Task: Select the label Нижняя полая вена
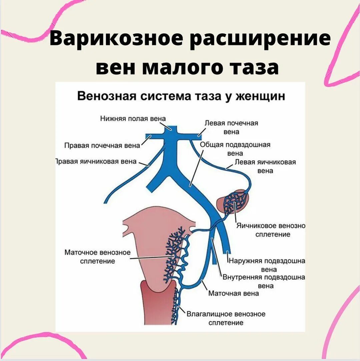coord(133,118)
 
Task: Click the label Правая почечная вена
coord(102,145)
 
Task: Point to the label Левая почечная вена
coord(231,127)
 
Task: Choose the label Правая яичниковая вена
coord(96,161)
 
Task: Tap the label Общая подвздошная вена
coord(235,149)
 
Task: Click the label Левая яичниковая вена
coord(265,166)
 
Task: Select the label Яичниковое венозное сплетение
coord(271,230)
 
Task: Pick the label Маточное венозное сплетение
coord(98,257)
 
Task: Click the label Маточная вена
coord(233,294)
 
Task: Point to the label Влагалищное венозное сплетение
coord(226,318)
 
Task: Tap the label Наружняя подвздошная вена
coord(267,265)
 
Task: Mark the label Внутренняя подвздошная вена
coord(264,281)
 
